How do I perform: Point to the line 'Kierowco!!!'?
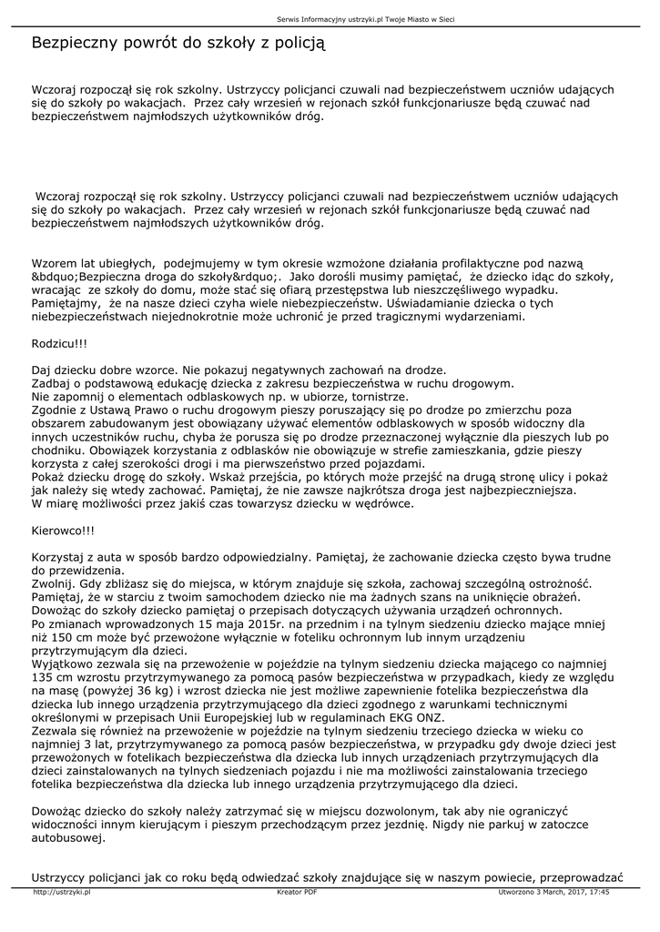coord(63,529)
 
